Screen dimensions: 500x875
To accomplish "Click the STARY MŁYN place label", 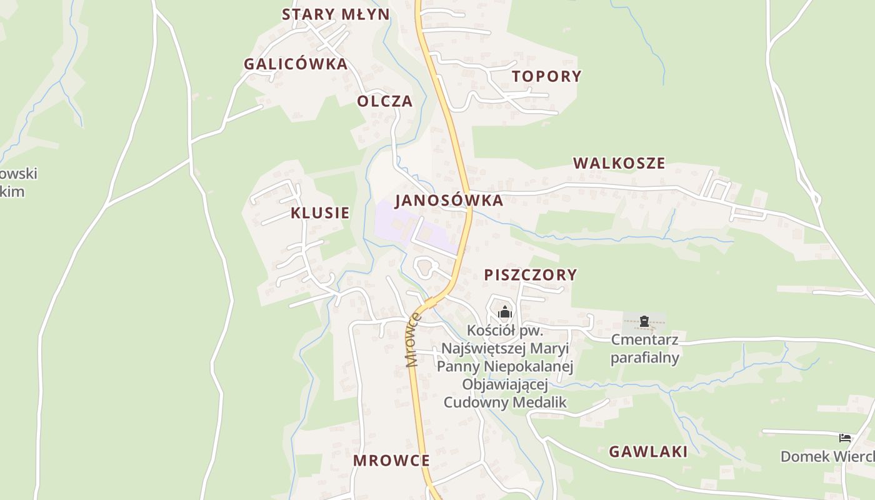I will tap(336, 14).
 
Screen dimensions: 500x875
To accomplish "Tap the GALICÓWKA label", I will tap(296, 64).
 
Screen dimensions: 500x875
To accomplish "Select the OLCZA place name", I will tap(385, 101).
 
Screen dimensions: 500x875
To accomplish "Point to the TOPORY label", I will tap(547, 76).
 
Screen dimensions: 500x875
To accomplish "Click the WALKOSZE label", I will tap(619, 163).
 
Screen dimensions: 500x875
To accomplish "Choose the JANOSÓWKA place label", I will tap(449, 201).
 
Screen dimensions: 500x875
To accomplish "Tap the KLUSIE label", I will tap(320, 212).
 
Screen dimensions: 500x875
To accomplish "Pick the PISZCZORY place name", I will tap(531, 274).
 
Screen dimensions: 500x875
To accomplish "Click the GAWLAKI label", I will tap(648, 452).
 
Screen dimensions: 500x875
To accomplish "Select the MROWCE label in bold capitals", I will tap(391, 461).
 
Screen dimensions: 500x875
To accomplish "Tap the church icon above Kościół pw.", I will tap(504, 312).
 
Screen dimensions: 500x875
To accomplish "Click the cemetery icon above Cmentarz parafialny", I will tap(644, 322).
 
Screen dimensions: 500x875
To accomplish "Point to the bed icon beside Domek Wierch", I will tap(845, 437).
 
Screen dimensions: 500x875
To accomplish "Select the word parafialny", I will tap(644, 358).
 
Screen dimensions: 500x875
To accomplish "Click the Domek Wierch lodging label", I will tap(827, 456).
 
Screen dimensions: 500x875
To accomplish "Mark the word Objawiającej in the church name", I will tap(505, 384).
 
